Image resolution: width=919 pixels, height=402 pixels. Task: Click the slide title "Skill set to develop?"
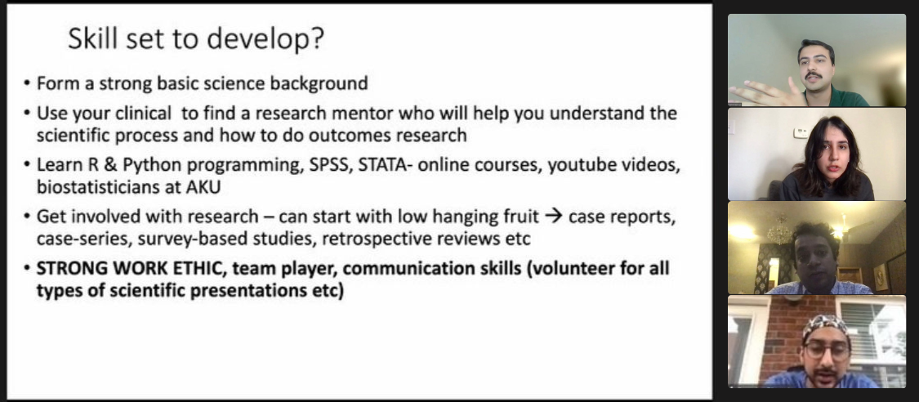196,39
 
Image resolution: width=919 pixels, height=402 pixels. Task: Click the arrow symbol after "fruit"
553,217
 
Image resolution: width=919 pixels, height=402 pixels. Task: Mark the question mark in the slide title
317,39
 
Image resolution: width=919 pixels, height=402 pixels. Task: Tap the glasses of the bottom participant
827,350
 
